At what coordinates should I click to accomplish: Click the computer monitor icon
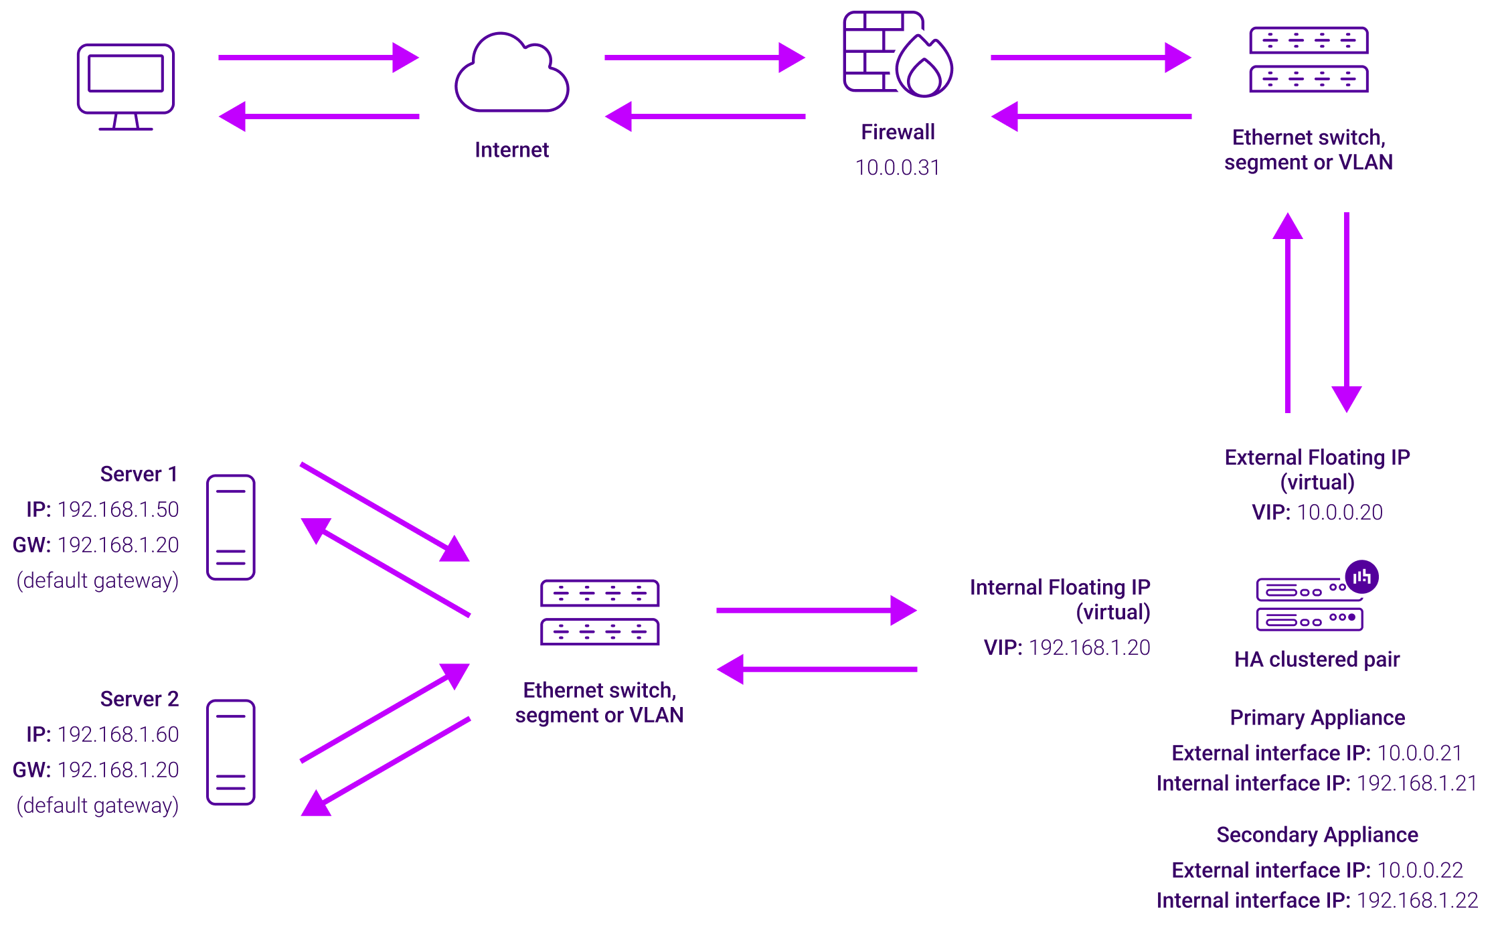point(126,86)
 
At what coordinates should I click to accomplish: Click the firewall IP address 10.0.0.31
point(898,167)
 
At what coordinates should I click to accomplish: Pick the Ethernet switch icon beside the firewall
point(1309,60)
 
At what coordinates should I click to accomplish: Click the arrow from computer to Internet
point(318,58)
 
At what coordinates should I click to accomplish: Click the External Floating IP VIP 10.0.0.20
point(1339,513)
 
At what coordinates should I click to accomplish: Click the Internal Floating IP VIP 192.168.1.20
point(1089,648)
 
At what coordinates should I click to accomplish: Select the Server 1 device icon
point(231,528)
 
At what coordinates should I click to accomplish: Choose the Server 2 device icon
point(231,752)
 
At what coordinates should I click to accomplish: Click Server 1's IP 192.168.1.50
point(118,510)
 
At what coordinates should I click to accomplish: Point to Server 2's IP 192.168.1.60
point(118,734)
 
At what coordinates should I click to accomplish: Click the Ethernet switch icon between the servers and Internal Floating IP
point(600,613)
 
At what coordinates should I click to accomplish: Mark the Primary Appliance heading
point(1317,718)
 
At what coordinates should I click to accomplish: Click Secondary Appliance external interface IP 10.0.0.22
point(1420,870)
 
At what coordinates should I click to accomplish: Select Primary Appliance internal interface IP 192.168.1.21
point(1416,784)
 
